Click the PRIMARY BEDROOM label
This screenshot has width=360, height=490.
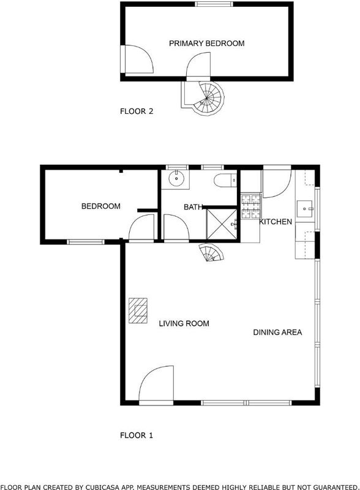coord(206,43)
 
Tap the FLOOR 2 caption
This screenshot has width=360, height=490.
coord(137,111)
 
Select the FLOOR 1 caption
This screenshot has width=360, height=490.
coord(137,435)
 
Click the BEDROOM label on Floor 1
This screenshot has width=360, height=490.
coord(100,206)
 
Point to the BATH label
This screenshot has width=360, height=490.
coord(193,207)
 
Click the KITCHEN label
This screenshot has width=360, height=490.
coord(276,222)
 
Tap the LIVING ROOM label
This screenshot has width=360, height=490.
coord(184,323)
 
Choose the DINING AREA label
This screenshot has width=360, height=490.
coord(277,332)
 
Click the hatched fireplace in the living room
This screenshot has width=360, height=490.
coord(138,311)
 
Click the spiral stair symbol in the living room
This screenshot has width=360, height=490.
coord(212,252)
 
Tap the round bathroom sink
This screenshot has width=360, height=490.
coord(176,178)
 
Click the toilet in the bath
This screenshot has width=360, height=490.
coord(225,180)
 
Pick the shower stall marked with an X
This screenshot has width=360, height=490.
coord(222,224)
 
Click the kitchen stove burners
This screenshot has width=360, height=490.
coord(251,206)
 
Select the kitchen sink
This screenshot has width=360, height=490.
coord(304,209)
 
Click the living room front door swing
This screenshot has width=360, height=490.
coord(156,385)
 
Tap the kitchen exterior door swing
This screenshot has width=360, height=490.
coord(277,184)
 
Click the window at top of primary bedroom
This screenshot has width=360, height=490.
coord(214,4)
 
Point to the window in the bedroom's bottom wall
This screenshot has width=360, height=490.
coord(86,241)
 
